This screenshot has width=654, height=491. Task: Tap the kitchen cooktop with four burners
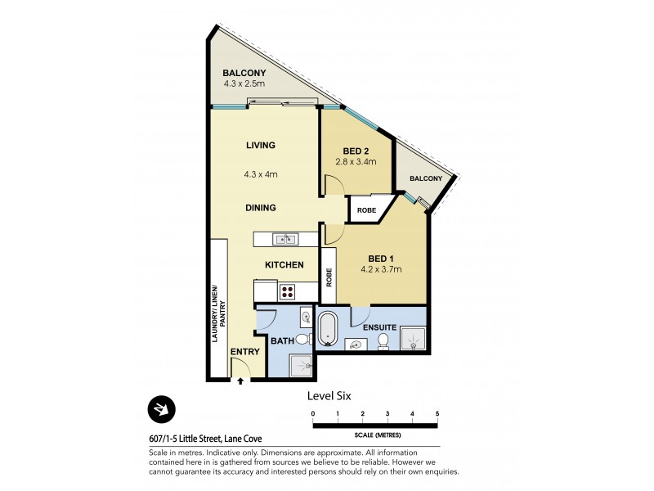click(x=288, y=291)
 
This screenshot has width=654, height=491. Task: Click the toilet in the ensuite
click(x=383, y=341)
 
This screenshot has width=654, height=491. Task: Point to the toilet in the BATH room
click(x=301, y=339)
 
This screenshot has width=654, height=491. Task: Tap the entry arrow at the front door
click(x=241, y=380)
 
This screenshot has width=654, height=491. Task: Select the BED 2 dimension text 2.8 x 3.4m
click(x=356, y=162)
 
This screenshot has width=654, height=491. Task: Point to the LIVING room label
click(x=260, y=146)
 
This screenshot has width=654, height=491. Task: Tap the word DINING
click(x=260, y=208)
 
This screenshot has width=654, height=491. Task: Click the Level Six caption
click(x=329, y=395)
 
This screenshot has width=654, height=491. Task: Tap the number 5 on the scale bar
click(x=437, y=414)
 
